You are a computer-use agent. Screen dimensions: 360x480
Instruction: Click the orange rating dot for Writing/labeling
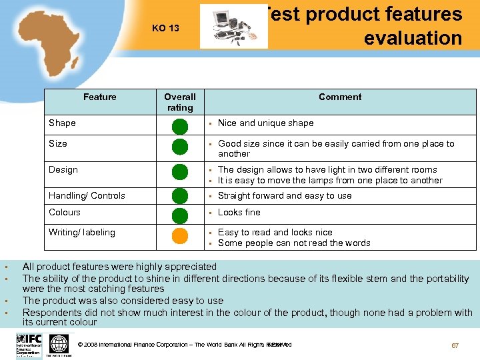pos(180,236)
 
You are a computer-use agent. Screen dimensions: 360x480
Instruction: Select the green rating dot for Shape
pos(180,125)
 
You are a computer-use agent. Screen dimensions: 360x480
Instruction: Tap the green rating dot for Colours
pos(180,215)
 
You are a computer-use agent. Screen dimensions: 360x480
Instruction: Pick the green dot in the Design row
pos(180,172)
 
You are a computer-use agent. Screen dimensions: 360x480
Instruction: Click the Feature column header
pos(100,97)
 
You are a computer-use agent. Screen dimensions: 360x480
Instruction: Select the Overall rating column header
pos(180,102)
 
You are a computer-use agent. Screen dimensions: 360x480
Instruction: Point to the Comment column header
pos(340,97)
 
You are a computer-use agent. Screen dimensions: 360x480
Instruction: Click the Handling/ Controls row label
pos(87,195)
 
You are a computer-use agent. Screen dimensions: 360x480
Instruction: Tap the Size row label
pos(58,143)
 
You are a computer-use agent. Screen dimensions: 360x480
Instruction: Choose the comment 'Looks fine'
pos(239,212)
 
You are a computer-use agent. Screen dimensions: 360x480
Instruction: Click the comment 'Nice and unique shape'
pos(265,123)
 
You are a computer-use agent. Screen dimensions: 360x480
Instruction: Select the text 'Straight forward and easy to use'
pos(285,195)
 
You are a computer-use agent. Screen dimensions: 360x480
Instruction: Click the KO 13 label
pos(165,28)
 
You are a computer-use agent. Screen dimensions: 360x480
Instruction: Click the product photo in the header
pos(233,28)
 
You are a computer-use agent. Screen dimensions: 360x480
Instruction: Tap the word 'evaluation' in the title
pos(413,38)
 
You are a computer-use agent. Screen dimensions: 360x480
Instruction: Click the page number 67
pos(455,345)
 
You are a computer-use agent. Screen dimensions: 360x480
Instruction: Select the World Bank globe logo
pos(59,344)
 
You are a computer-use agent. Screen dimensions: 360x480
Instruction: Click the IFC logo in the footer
pos(29,344)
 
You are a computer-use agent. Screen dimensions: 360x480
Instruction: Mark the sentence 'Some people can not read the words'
pos(294,243)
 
